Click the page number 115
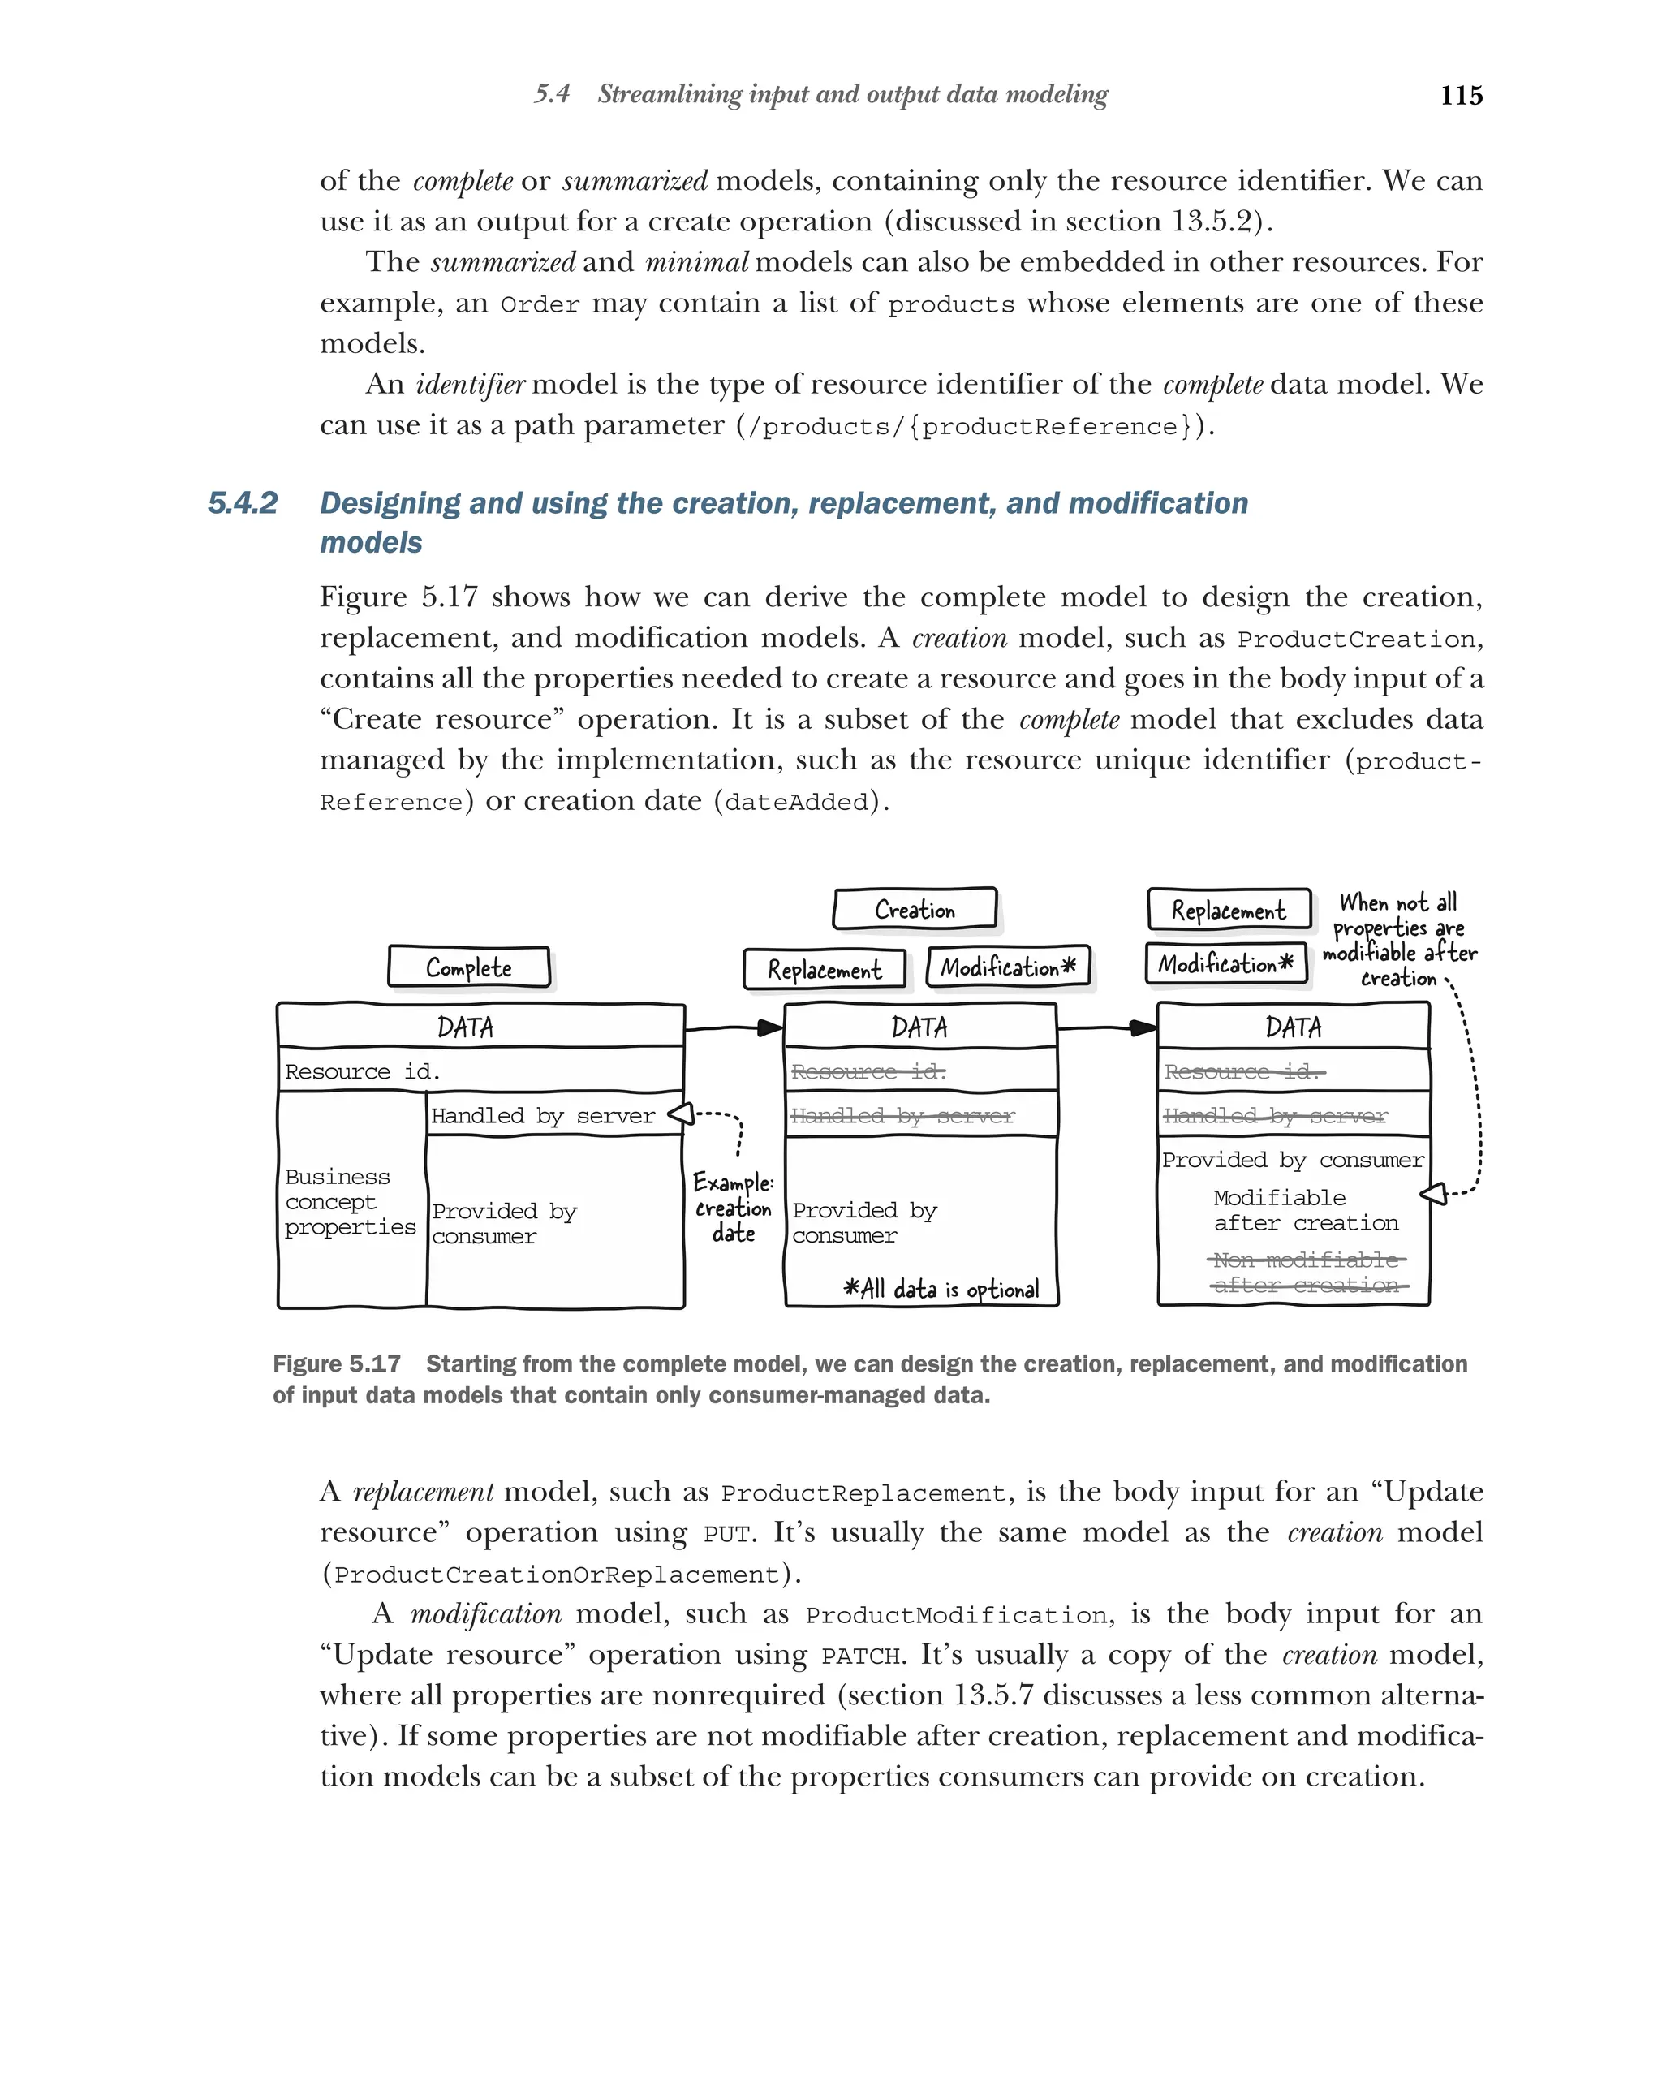pyautogui.click(x=1460, y=96)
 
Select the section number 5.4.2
pyautogui.click(x=243, y=503)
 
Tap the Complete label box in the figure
pyautogui.click(x=468, y=967)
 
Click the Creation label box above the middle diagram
pyautogui.click(x=914, y=910)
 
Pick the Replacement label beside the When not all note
pyautogui.click(x=1228, y=910)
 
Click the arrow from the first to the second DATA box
pyautogui.click(x=734, y=1028)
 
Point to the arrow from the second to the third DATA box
pyautogui.click(x=1107, y=1028)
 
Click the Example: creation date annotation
pyautogui.click(x=733, y=1208)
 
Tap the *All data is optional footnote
pyautogui.click(x=941, y=1289)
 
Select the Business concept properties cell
pyautogui.click(x=350, y=1202)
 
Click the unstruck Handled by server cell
pyautogui.click(x=542, y=1116)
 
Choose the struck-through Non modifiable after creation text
pyautogui.click(x=1307, y=1273)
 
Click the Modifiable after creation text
pyautogui.click(x=1305, y=1211)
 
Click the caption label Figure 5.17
pyautogui.click(x=337, y=1363)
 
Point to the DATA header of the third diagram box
pyautogui.click(x=1293, y=1027)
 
